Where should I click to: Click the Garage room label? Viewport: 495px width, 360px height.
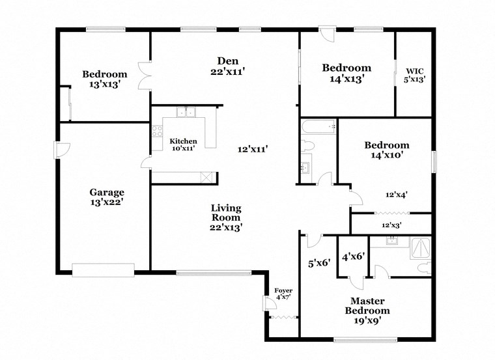107,197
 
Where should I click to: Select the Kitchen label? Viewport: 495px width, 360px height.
183,145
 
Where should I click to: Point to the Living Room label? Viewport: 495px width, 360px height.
226,217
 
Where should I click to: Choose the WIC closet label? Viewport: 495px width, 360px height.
415,75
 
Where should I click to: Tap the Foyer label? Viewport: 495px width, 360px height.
283,294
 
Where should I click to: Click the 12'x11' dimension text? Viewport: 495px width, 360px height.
253,149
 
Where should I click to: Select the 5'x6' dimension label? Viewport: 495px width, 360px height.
319,264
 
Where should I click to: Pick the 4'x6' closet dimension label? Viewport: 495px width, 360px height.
352,256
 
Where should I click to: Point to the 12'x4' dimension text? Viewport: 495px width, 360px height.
397,194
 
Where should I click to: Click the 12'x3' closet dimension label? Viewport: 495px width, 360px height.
391,225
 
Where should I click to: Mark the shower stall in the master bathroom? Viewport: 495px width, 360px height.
420,248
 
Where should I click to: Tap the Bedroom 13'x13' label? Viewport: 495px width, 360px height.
104,79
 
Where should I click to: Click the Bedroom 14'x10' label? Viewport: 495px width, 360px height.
387,150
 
